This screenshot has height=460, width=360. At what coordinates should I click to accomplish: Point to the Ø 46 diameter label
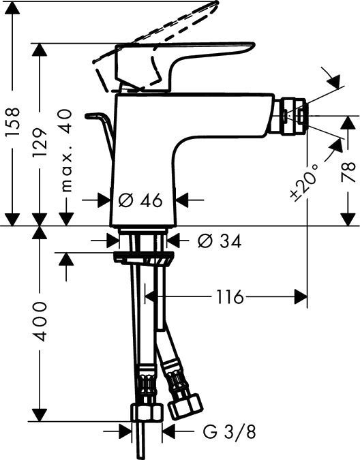140,200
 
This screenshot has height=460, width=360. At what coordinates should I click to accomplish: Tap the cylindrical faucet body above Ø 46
143,150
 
